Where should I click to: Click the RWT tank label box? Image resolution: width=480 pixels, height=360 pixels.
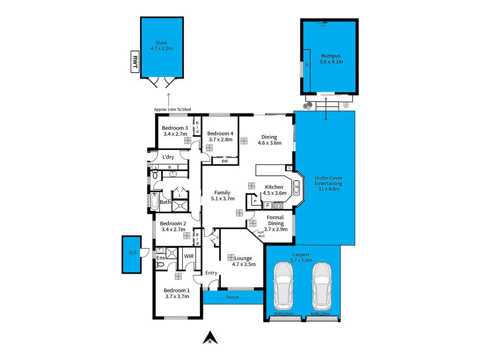pos(135,62)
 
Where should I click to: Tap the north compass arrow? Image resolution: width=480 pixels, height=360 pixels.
pos(210,337)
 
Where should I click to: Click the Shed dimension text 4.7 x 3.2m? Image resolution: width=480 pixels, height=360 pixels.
pos(162,48)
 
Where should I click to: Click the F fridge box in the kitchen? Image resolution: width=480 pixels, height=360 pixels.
pos(268,205)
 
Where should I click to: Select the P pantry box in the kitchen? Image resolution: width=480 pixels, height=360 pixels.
pos(254,201)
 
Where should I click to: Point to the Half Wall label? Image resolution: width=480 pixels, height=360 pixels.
pos(261,234)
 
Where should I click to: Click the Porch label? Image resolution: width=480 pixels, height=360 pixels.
pos(232,297)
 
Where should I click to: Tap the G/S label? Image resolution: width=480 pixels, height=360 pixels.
pos(133,253)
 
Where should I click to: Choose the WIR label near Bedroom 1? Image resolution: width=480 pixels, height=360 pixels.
pos(189,256)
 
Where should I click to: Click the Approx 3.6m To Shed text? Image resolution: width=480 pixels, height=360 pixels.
pos(172,109)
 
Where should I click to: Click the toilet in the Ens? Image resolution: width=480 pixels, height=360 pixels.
pos(160,264)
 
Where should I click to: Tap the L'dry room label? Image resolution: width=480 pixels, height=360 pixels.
pos(168,157)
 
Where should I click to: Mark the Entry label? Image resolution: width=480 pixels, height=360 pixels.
pos(211,273)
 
